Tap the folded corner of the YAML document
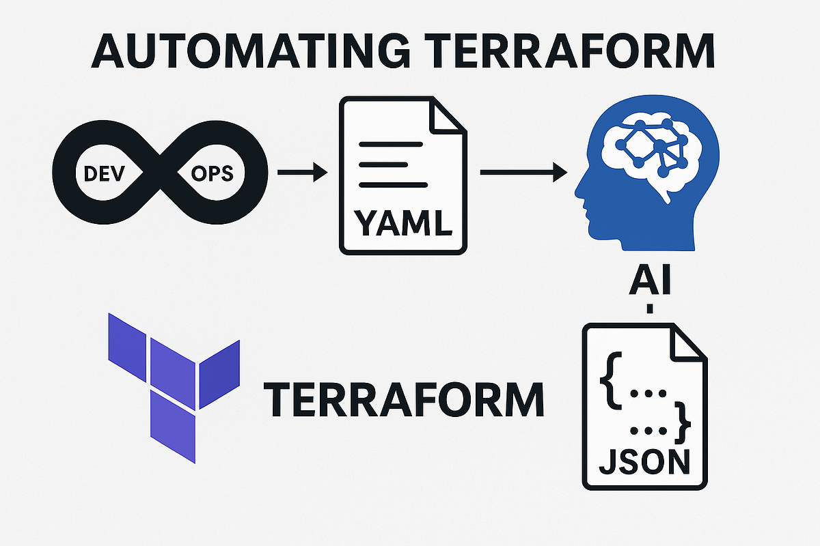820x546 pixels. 448,118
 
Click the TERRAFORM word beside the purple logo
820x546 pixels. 404,400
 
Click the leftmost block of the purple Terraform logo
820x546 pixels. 127,337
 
